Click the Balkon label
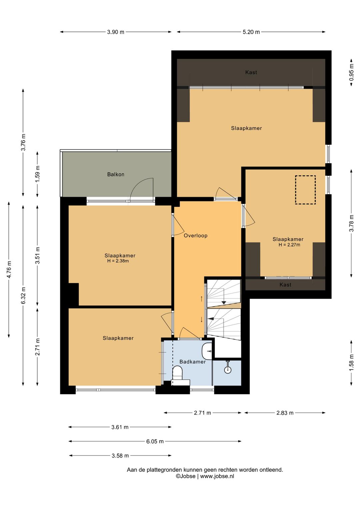click(116, 174)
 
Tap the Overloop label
click(196, 235)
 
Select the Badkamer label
click(192, 362)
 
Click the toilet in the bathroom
click(178, 374)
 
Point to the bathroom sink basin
click(206, 351)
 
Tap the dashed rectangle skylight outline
click(305, 190)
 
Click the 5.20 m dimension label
click(251, 32)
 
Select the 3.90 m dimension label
click(116, 32)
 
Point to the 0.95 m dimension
click(351, 72)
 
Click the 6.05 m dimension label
click(155, 441)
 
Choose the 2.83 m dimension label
click(285, 413)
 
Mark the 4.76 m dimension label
click(9, 270)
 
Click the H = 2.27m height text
click(289, 245)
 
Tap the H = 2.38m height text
click(118, 261)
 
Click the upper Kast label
click(251, 72)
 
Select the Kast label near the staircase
click(285, 285)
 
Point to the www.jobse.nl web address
click(217, 476)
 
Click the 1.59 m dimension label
click(37, 174)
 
